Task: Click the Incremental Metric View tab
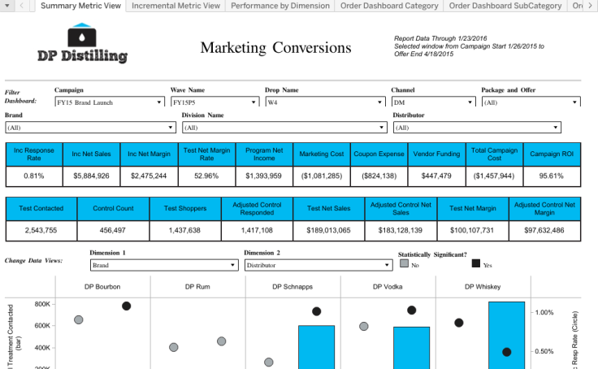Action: (175, 6)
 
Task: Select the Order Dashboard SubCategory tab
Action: (505, 6)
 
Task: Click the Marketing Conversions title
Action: (275, 48)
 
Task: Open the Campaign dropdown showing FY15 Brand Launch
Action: (109, 102)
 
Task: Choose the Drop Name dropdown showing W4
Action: (324, 102)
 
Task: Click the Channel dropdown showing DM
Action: (433, 102)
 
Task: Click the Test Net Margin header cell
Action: (474, 208)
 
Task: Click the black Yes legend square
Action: (477, 263)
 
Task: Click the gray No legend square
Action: (404, 263)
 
